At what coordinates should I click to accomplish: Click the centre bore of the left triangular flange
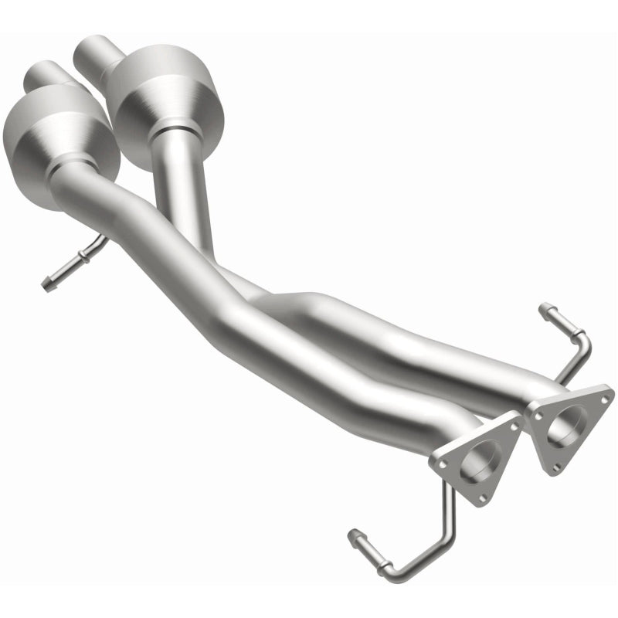coord(479,462)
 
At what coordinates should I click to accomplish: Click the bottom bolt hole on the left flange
coord(483,498)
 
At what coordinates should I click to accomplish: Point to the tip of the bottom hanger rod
coord(354,535)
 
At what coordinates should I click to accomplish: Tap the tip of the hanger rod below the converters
coord(46,286)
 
